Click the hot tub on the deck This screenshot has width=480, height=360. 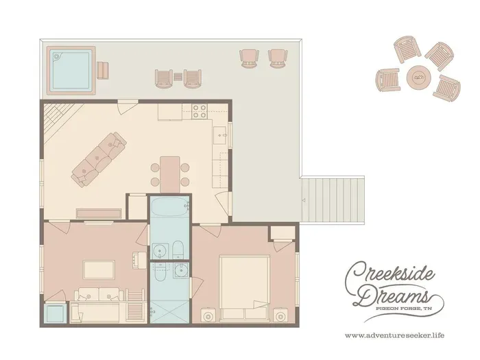pos(71,71)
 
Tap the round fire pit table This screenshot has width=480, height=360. pos(419,77)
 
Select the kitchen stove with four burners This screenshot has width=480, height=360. pos(199,111)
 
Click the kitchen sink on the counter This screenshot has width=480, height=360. pos(221,135)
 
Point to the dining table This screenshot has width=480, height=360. pos(170,174)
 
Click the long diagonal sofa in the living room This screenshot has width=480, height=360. pos(99,160)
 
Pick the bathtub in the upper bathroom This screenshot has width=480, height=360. pos(169,207)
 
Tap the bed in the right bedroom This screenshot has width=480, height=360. pos(244,289)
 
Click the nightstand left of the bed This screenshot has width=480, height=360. pos(208,315)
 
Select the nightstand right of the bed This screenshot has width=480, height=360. pos(280,315)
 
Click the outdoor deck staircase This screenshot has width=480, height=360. pos(333,200)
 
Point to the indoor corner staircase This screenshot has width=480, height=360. pos(58,119)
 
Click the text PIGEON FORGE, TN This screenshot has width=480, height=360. pos(403,309)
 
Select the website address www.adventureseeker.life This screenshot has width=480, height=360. pos(394,335)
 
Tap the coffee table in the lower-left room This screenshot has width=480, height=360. pos(99,269)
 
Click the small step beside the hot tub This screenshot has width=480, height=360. pos(103,70)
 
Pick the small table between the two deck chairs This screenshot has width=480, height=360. pos(178,77)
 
